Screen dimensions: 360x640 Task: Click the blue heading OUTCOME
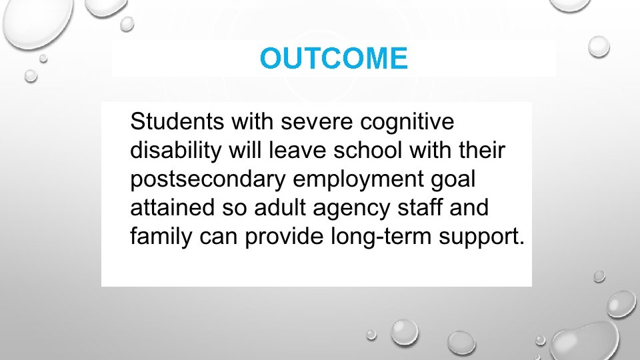point(333,59)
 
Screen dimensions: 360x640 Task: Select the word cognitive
point(406,123)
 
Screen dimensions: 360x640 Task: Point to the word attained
point(170,208)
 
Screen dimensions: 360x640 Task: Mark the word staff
point(419,208)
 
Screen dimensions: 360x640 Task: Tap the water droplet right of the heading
point(599,46)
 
